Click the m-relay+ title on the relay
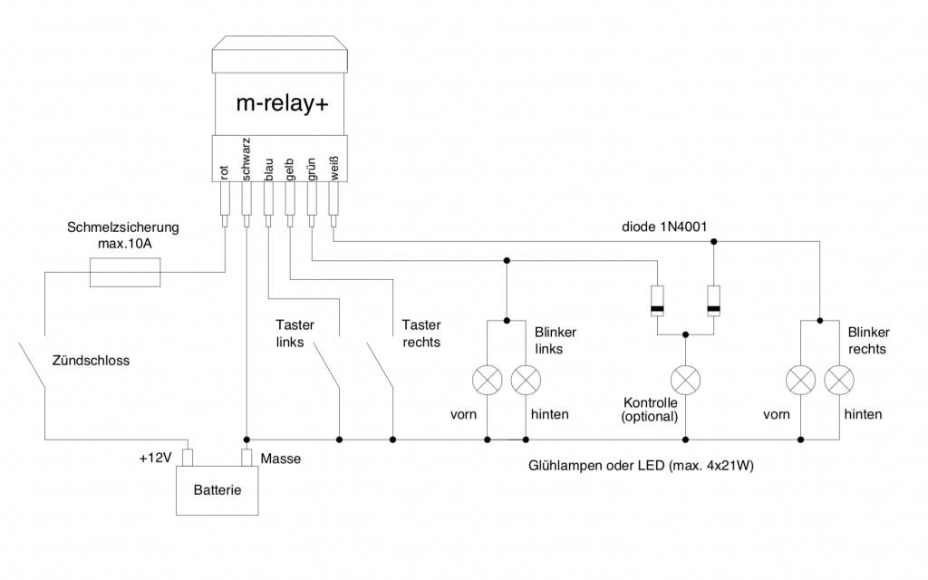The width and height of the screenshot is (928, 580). [x=282, y=103]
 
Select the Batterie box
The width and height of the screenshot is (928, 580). [x=217, y=489]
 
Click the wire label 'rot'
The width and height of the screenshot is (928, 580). [x=224, y=172]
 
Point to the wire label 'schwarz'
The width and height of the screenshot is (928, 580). [x=246, y=160]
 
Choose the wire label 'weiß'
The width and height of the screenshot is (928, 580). [x=333, y=169]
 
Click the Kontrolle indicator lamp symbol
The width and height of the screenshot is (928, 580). [x=684, y=378]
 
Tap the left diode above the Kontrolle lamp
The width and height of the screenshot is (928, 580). [x=655, y=300]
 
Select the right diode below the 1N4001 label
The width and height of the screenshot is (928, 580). [x=713, y=300]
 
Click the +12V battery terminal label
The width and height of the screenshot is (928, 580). [x=156, y=459]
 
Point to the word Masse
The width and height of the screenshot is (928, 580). [x=280, y=459]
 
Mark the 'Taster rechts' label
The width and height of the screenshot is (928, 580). [x=420, y=333]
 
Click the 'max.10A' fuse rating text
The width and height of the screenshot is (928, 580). [x=123, y=245]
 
